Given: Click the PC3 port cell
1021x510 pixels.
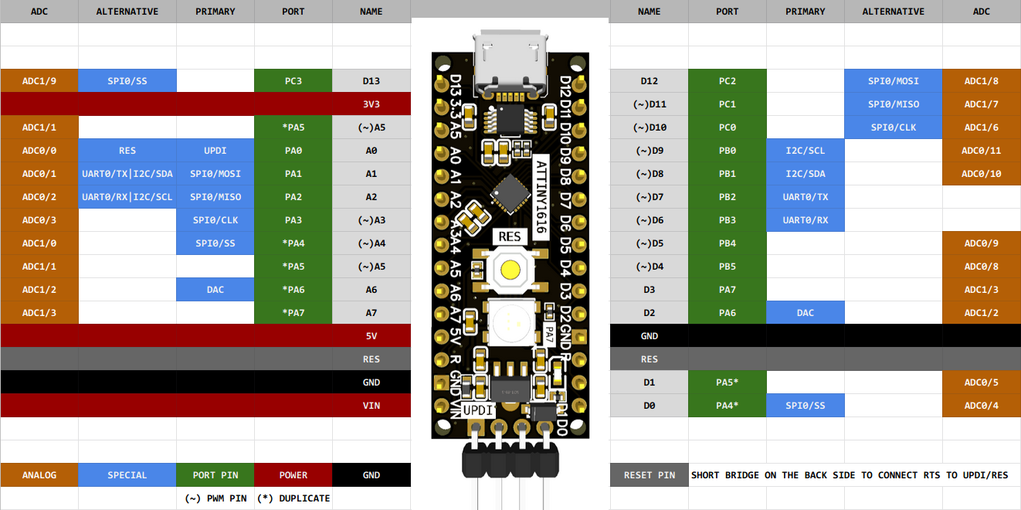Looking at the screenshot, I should coord(293,81).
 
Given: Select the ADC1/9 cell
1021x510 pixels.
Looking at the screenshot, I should coord(39,81).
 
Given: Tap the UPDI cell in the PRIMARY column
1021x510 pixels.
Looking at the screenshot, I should coord(215,151).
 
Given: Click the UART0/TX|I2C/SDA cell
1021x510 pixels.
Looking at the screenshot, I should coord(127,174).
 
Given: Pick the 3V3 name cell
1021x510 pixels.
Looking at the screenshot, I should coord(371,104).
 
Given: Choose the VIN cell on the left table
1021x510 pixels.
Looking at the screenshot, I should coord(371,406).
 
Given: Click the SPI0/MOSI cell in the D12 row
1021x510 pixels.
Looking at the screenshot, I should coord(893,81).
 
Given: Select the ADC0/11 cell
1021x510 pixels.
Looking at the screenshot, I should coord(982,151).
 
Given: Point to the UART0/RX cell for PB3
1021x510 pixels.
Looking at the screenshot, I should coord(805,220).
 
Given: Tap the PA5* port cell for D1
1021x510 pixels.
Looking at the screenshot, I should coord(727,382).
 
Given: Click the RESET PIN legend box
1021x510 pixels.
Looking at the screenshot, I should coord(649,475).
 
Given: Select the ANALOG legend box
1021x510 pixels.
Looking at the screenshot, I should coord(39,475).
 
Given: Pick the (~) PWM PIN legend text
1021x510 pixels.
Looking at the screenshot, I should coord(215,498).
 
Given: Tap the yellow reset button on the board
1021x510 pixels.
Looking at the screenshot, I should coord(510,270).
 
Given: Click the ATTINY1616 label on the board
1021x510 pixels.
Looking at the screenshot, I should coord(541,197).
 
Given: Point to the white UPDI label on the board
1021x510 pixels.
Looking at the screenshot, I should coord(478,410).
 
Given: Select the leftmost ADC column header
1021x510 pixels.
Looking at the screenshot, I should coord(39,12).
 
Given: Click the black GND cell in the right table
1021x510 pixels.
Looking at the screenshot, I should coord(649,336).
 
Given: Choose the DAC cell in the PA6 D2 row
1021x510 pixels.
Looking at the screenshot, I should coord(805,313).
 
